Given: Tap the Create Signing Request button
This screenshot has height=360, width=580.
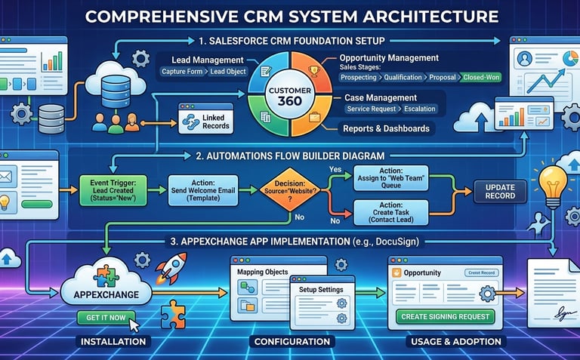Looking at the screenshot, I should [x=445, y=316].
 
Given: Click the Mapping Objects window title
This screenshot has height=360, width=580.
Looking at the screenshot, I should [x=265, y=269].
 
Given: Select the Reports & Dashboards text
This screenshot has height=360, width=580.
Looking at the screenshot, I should [x=387, y=128].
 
